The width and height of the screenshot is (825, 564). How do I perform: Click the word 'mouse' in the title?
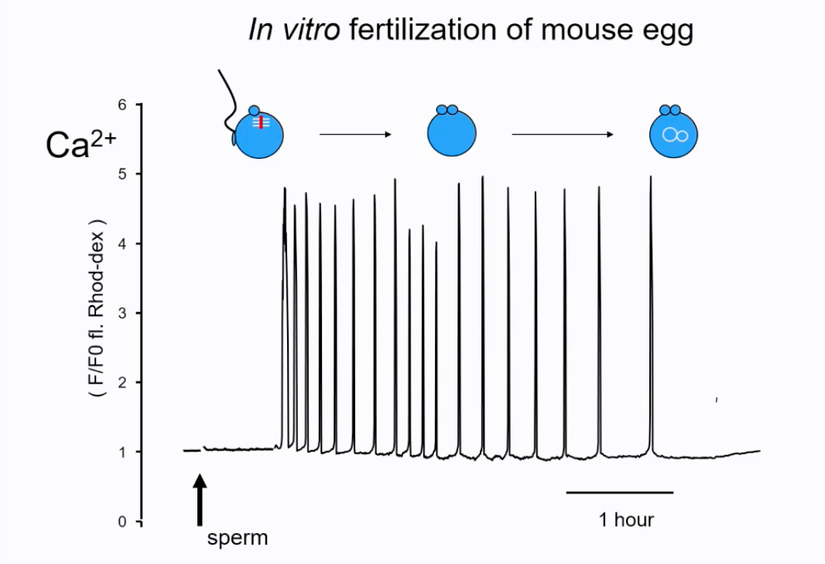click(x=584, y=31)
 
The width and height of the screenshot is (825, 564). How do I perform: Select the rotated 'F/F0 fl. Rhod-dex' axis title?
click(x=98, y=310)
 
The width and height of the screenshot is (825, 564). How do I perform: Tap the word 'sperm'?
click(x=237, y=537)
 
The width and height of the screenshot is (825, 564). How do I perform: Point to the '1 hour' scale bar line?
click(x=619, y=492)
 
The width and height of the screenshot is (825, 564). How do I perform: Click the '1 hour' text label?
click(x=626, y=519)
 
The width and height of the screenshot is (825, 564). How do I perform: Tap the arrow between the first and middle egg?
click(x=356, y=135)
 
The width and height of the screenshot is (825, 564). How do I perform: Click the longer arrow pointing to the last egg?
click(x=563, y=135)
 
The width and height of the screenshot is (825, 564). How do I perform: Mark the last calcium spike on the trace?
click(x=650, y=310)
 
